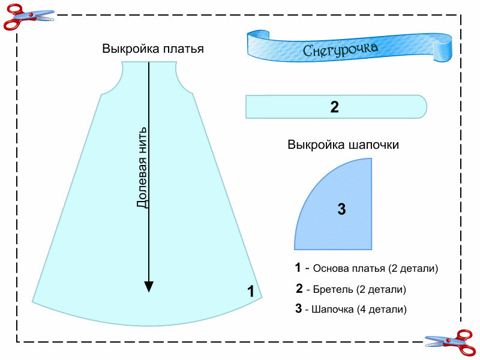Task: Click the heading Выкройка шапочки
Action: (x=343, y=145)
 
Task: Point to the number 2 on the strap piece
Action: (x=335, y=107)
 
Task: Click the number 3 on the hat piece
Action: (x=341, y=209)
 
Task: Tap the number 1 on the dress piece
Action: (x=251, y=292)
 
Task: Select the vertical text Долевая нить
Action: (x=142, y=167)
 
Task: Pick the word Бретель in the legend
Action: (x=332, y=289)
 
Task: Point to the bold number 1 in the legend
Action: (x=298, y=268)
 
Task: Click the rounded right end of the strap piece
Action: (x=421, y=107)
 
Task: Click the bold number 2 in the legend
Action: (x=299, y=289)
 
